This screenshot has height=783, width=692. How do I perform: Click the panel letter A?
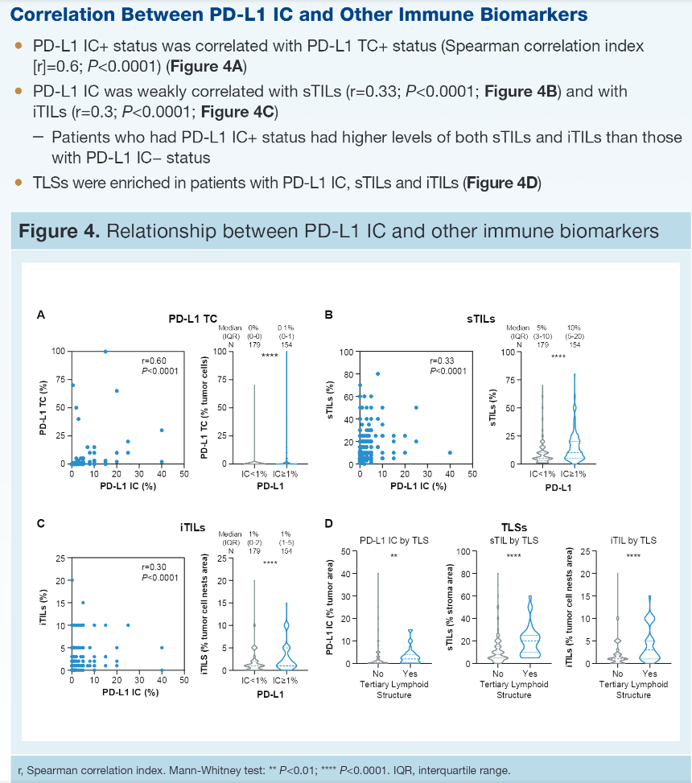pyautogui.click(x=41, y=315)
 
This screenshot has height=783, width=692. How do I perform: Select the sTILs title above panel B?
pyautogui.click(x=482, y=319)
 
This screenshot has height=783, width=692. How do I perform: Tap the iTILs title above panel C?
pyautogui.click(x=192, y=528)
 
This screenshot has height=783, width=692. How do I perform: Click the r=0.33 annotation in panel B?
pyautogui.click(x=443, y=361)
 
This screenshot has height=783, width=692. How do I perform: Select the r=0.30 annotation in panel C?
pyautogui.click(x=153, y=567)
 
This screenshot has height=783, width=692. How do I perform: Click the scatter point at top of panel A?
pyautogui.click(x=105, y=351)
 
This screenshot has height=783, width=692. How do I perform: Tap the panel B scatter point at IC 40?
pyautogui.click(x=450, y=452)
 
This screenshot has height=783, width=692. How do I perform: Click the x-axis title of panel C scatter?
pyautogui.click(x=130, y=692)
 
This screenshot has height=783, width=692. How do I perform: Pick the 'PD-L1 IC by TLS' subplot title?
pyautogui.click(x=393, y=540)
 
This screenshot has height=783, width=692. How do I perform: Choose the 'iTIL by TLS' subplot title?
pyautogui.click(x=634, y=540)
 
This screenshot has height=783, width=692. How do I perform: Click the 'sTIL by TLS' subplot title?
pyautogui.click(x=513, y=540)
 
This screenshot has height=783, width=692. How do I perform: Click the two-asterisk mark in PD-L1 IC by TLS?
pyautogui.click(x=393, y=554)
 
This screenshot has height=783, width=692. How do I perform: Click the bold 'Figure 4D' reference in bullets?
pyautogui.click(x=502, y=183)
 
